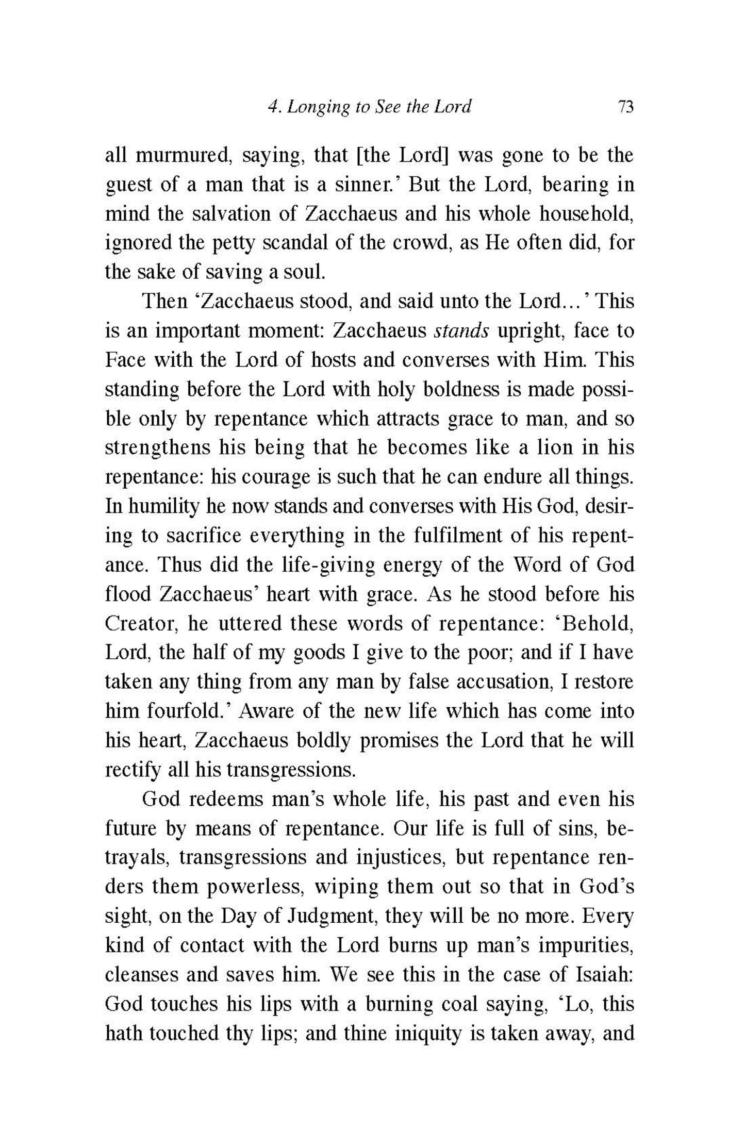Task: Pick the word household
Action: click(x=583, y=213)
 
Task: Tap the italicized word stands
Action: click(x=461, y=330)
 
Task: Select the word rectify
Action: click(x=132, y=769)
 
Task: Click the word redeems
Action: click(x=226, y=799)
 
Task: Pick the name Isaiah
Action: click(x=604, y=974)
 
